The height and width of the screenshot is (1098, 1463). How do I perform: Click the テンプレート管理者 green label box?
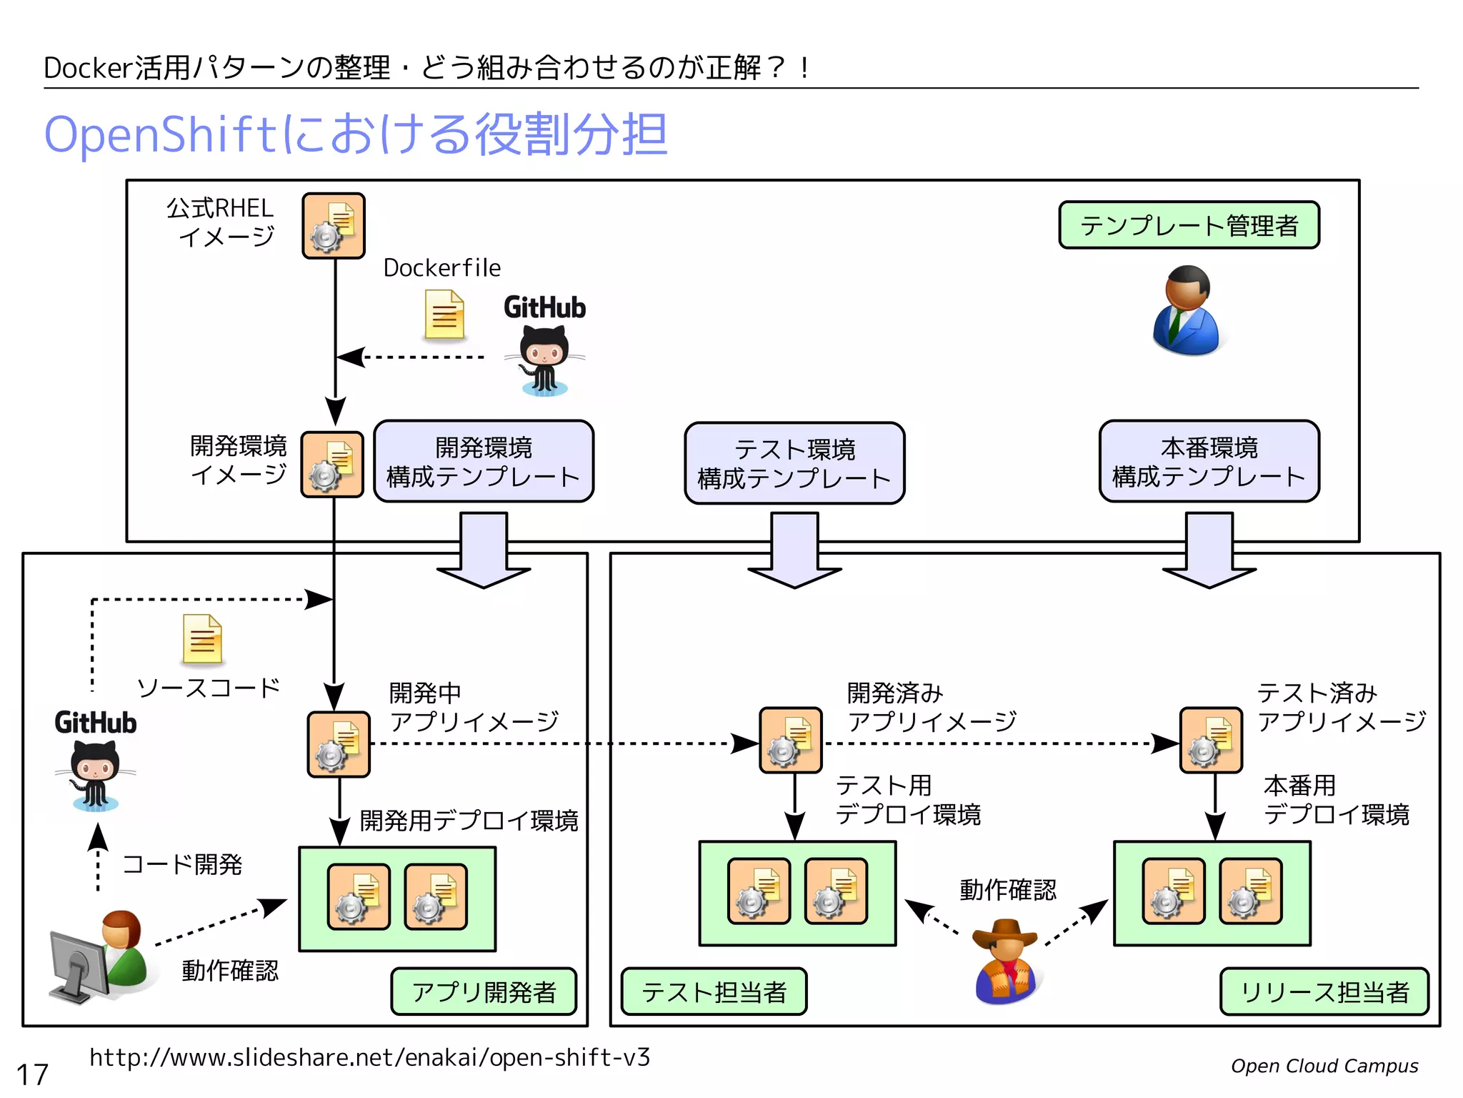1189,225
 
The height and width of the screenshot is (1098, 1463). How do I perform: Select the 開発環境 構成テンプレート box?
484,461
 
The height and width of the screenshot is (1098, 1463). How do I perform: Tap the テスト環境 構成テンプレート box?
794,463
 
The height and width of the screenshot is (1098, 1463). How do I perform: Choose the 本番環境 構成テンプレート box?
1209,461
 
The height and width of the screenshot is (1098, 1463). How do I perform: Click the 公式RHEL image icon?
334,225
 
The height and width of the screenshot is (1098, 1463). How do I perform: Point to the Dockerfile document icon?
444,315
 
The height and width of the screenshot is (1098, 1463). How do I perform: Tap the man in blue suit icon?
1186,311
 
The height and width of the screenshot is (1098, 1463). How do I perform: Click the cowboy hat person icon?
1006,961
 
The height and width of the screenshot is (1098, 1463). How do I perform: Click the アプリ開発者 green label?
484,991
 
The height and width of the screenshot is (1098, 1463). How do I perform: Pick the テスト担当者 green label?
714,991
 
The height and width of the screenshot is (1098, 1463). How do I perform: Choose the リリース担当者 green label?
1324,991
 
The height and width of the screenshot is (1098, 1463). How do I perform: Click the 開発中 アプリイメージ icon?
339,744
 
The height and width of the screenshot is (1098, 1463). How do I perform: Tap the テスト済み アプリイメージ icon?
1211,741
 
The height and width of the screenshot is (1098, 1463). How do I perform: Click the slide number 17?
32,1074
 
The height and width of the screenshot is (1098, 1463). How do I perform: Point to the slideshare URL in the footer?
369,1057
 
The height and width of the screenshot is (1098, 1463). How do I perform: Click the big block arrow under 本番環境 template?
1209,550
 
